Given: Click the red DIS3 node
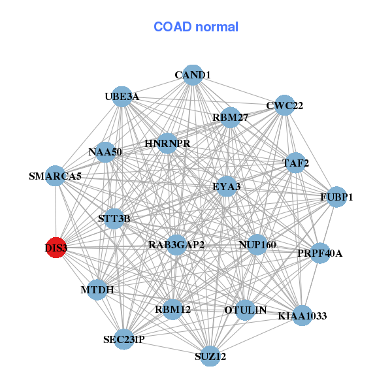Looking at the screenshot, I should (x=56, y=248).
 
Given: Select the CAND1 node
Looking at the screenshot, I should (x=192, y=75).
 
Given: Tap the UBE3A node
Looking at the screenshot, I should (x=122, y=97).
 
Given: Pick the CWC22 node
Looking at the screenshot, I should (x=284, y=105).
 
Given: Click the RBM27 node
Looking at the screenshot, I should (x=230, y=118).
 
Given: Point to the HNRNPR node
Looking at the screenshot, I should (x=167, y=143).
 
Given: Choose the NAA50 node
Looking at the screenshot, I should (x=105, y=152).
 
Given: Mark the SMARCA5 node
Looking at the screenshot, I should (x=56, y=176).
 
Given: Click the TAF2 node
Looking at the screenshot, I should (x=295, y=163).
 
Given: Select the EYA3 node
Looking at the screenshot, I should (x=227, y=186).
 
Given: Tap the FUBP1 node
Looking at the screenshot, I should (x=336, y=197).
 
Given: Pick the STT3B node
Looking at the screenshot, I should (x=114, y=219).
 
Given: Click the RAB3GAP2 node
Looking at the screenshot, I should (x=176, y=245).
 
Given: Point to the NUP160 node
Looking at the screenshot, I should (x=257, y=245).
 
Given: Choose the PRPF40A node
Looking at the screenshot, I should (x=319, y=253).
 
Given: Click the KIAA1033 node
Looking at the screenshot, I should (x=302, y=316).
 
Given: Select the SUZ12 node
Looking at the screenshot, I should (x=210, y=356).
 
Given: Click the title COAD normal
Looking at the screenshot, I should (x=196, y=27).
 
